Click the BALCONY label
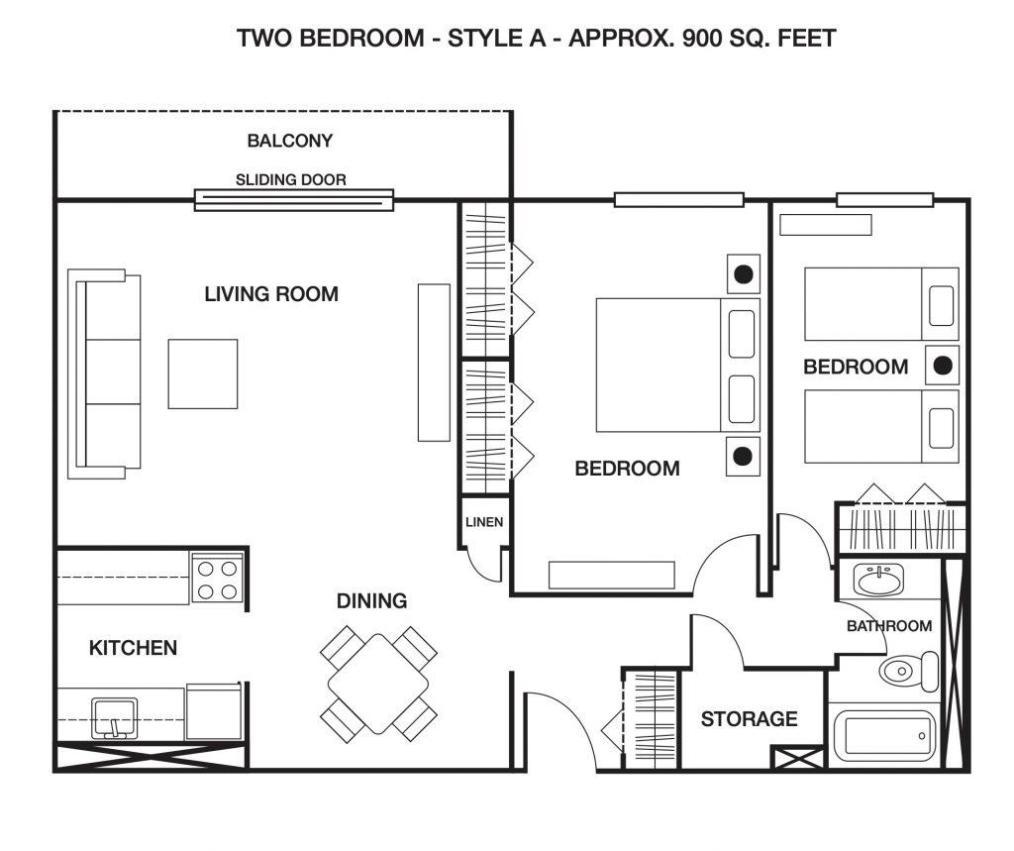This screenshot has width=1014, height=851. pos(290,141)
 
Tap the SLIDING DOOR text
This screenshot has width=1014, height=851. pos(290,180)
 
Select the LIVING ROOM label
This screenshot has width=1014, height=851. pos(271,294)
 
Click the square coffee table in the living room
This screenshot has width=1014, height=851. pos(203,374)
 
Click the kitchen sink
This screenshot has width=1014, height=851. pos(114,718)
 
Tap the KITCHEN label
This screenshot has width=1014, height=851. pos(134,649)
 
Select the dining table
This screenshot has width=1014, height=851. pos(378,684)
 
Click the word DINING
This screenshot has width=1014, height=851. pos(372,601)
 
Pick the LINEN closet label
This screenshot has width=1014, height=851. pos(484,522)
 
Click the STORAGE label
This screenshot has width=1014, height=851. pos(750,719)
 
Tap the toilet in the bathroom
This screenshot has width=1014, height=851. pos(909,672)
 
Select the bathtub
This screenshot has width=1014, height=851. pos(884,736)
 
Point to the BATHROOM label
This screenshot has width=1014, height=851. pos(889,626)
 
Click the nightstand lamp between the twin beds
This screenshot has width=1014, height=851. pos(943,366)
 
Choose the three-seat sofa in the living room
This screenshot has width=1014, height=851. pos(104,374)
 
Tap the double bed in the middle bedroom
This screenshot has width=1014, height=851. pos(677,365)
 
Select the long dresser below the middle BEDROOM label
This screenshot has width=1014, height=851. pos(612,575)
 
